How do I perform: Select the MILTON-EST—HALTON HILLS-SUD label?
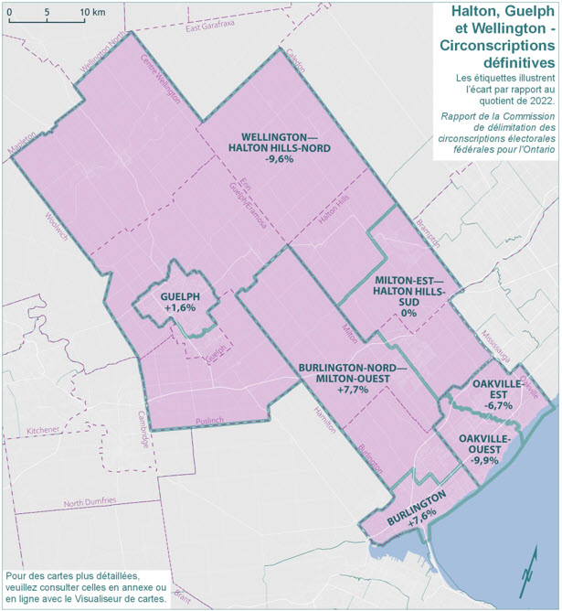pos(409,295)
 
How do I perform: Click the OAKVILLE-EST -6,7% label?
pos(493,393)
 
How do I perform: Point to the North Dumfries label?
pos(89,503)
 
